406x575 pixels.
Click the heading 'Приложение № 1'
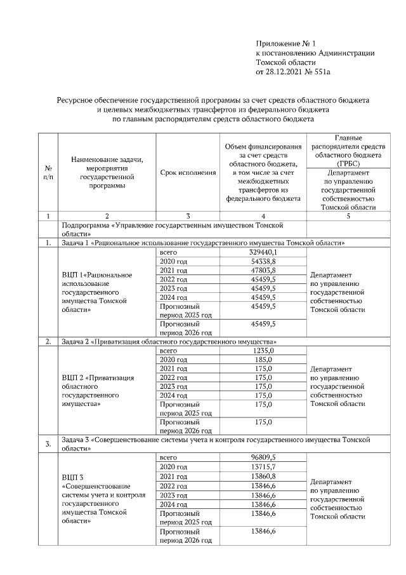[x=283, y=43]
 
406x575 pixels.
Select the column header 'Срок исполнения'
[x=188, y=172]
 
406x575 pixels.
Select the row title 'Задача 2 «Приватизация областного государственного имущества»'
[x=171, y=342]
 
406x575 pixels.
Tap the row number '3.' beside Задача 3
[x=48, y=443]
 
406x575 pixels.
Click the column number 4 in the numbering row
[x=263, y=216]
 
